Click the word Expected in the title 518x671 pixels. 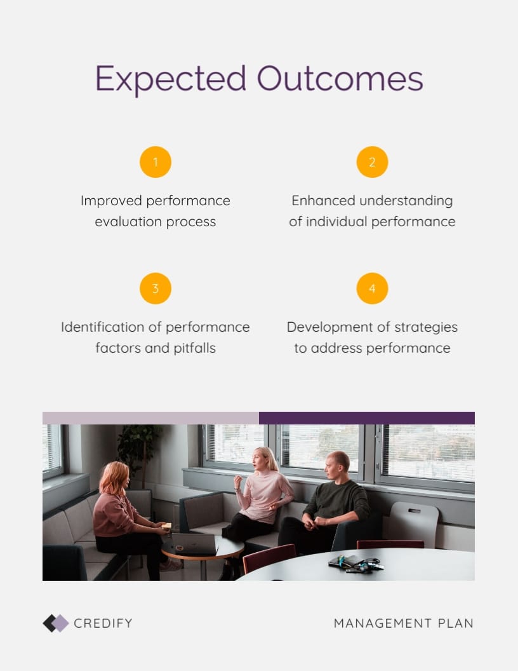pyautogui.click(x=171, y=79)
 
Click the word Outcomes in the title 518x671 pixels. pyautogui.click(x=340, y=78)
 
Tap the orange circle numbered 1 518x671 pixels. pyautogui.click(x=156, y=162)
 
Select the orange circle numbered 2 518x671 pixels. pyautogui.click(x=372, y=162)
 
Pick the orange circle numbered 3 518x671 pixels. pyautogui.click(x=156, y=288)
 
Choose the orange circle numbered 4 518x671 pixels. pyautogui.click(x=372, y=288)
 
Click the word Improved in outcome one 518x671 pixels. pyautogui.click(x=111, y=201)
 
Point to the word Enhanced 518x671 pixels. pyautogui.click(x=324, y=201)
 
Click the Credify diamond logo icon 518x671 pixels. pyautogui.click(x=56, y=623)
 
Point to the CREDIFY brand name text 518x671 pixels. pyautogui.click(x=103, y=623)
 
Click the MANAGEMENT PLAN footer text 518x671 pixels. pyautogui.click(x=404, y=623)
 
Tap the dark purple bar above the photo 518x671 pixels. pyautogui.click(x=367, y=418)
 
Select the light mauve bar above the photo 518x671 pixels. pyautogui.click(x=151, y=418)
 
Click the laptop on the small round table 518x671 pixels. pyautogui.click(x=194, y=543)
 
